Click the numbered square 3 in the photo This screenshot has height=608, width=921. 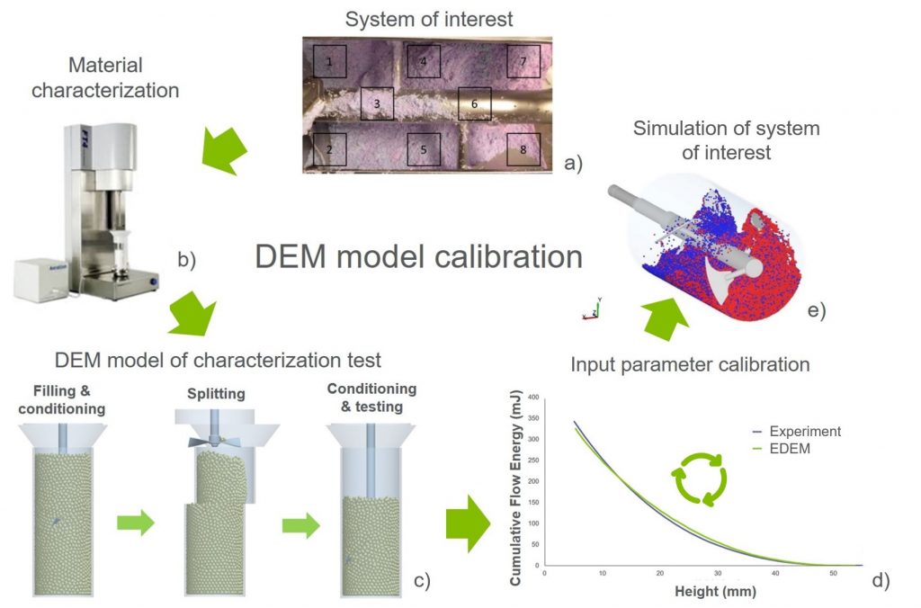pos(377,103)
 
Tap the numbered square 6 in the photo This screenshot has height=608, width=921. pos(474,103)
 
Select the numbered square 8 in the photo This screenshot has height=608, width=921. pos(523,149)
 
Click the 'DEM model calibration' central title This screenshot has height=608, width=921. pos(418,256)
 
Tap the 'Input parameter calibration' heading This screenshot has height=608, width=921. pos(691,364)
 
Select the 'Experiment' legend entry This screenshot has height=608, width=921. pos(796,432)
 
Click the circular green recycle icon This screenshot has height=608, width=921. pos(698,478)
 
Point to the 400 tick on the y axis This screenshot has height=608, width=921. pos(532,397)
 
